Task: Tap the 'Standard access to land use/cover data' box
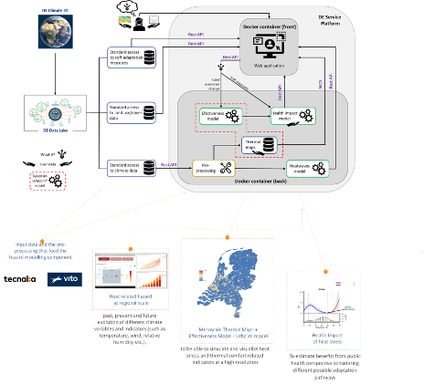(133, 112)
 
